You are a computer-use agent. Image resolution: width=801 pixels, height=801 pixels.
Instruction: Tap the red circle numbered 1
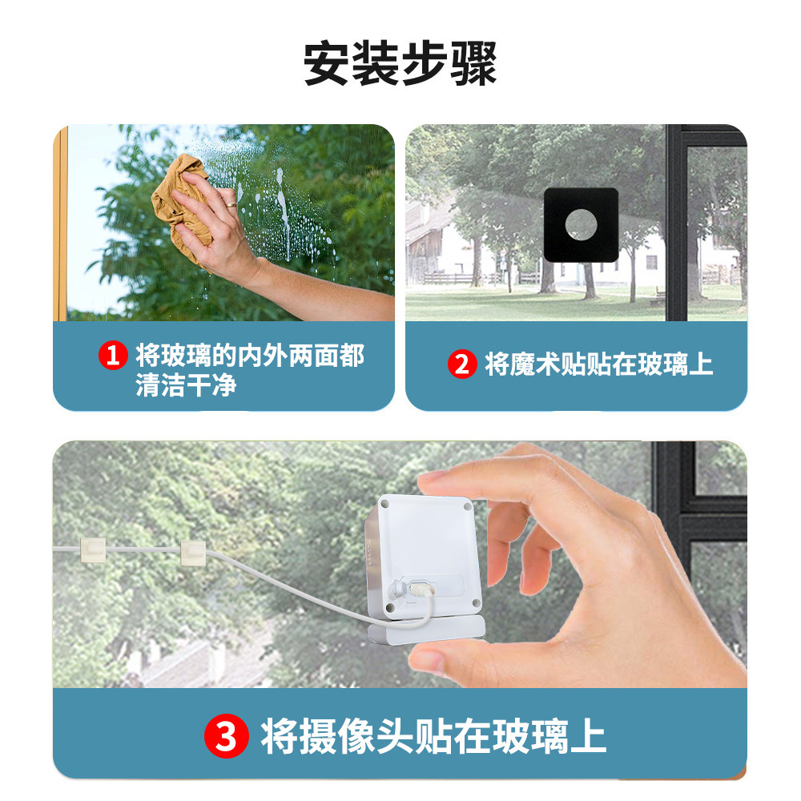click(113, 355)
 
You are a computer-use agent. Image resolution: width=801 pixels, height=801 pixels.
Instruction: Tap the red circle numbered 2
click(461, 364)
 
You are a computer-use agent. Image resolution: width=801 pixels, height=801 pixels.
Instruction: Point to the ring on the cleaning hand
click(231, 205)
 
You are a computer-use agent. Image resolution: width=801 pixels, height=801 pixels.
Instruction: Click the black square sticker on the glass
click(581, 225)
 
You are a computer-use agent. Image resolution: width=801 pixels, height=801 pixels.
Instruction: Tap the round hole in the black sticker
click(582, 224)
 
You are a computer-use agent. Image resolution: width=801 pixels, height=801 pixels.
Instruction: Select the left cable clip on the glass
click(94, 549)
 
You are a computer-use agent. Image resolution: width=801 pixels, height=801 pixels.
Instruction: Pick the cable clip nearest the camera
click(194, 552)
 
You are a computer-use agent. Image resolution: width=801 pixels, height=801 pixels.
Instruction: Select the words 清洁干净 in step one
click(186, 385)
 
